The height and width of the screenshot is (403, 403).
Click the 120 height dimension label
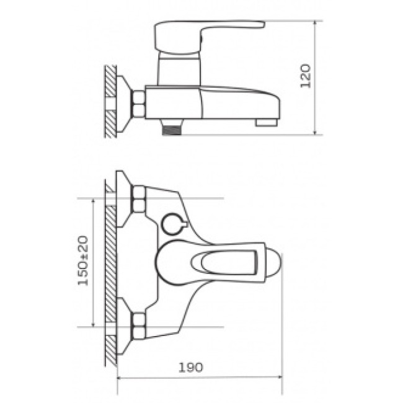coord(306,76)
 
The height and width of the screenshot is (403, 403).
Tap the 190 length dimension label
coord(191,368)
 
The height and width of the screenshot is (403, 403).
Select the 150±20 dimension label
coord(83,260)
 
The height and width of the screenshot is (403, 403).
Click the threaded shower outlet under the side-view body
coord(171,130)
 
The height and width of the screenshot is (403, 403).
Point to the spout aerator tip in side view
coord(267,122)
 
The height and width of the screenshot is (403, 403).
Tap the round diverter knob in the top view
coord(174,224)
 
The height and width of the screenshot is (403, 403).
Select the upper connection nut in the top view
coord(138,199)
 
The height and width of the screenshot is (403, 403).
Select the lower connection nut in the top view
coord(138,326)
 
